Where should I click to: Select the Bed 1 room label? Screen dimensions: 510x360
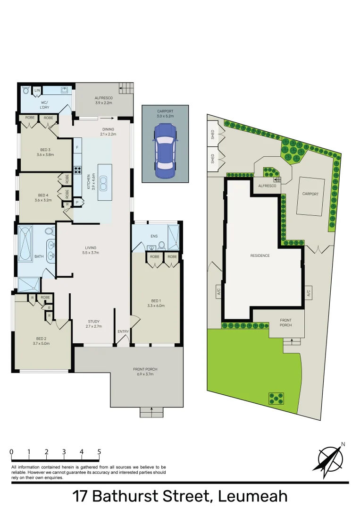(156, 303)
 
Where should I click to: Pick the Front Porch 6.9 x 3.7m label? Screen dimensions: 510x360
(145, 372)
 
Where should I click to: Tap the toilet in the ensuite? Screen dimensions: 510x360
(162, 245)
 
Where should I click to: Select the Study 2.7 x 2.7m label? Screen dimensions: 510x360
(93, 324)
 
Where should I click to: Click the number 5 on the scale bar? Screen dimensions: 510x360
(99, 452)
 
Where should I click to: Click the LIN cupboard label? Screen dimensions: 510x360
(37, 90)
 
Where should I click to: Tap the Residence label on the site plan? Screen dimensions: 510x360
(260, 255)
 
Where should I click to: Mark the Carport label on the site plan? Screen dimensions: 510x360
(310, 194)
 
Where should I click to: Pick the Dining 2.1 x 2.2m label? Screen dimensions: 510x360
(109, 132)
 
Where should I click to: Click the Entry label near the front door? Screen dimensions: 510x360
(123, 331)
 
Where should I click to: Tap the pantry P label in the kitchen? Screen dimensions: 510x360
(76, 202)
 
